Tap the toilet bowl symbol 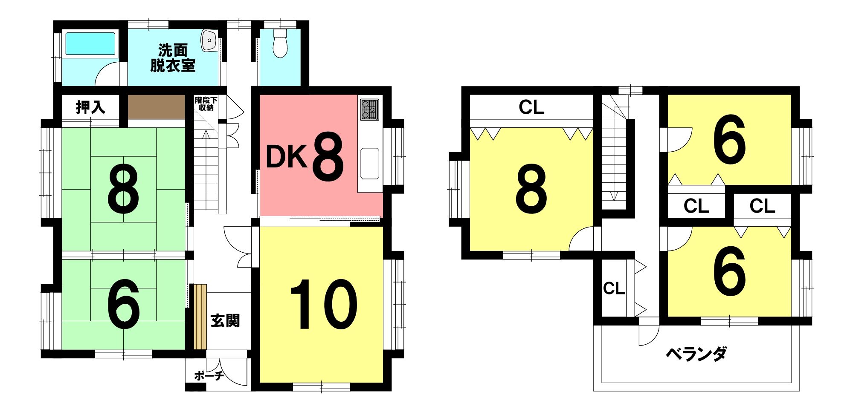point(280,43)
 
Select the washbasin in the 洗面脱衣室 point(209,40)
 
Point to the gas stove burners point(369,109)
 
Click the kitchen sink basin point(370,164)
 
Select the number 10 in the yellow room point(323,304)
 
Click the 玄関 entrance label point(225,320)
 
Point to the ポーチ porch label point(209,375)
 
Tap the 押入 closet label point(90,107)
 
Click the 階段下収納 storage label point(206,104)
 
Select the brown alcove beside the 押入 point(157,107)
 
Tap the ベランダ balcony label point(696,354)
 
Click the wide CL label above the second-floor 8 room point(531,107)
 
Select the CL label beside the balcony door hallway point(614,288)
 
